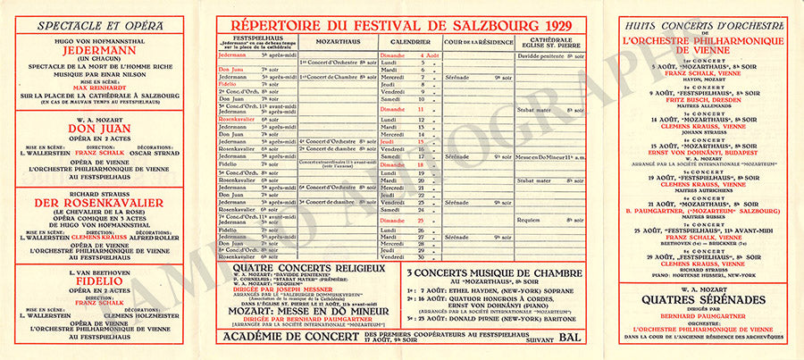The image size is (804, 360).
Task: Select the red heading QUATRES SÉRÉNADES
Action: (702, 300)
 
